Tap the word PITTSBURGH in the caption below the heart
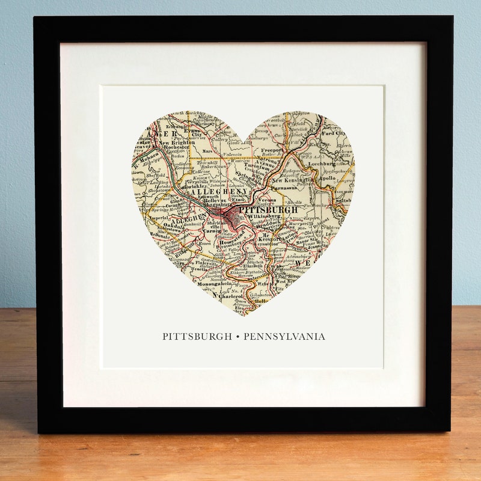pyautogui.click(x=197, y=337)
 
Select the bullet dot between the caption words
pyautogui.click(x=236, y=337)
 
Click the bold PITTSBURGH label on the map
pyautogui.click(x=268, y=210)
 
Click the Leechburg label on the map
pyautogui.click(x=321, y=163)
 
